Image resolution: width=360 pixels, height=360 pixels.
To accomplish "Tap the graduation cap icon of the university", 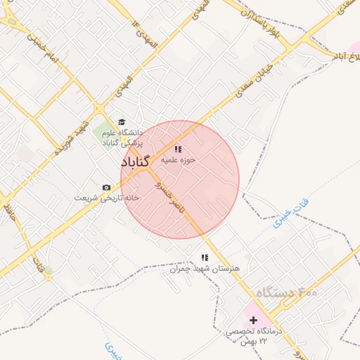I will point(122,122).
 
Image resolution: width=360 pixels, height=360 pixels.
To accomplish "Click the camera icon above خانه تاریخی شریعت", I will point(106,187).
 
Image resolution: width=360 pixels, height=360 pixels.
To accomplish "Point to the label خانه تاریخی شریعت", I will point(108,198).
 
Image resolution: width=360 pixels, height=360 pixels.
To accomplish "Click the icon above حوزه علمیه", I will point(178,149).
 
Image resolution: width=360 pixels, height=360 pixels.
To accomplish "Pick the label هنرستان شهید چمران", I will point(205,269).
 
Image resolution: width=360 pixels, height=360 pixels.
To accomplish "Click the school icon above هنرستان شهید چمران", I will point(205,258).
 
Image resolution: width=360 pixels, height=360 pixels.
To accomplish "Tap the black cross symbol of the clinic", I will point(254,320).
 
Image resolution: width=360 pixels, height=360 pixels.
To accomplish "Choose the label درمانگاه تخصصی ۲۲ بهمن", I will point(254,335).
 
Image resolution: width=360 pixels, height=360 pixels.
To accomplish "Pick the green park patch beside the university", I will point(104,130).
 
